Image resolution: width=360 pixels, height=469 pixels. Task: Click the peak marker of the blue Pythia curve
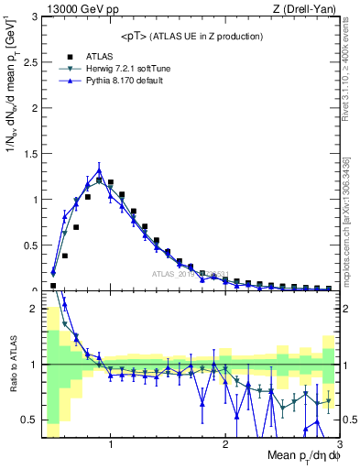click(x=99, y=169)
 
